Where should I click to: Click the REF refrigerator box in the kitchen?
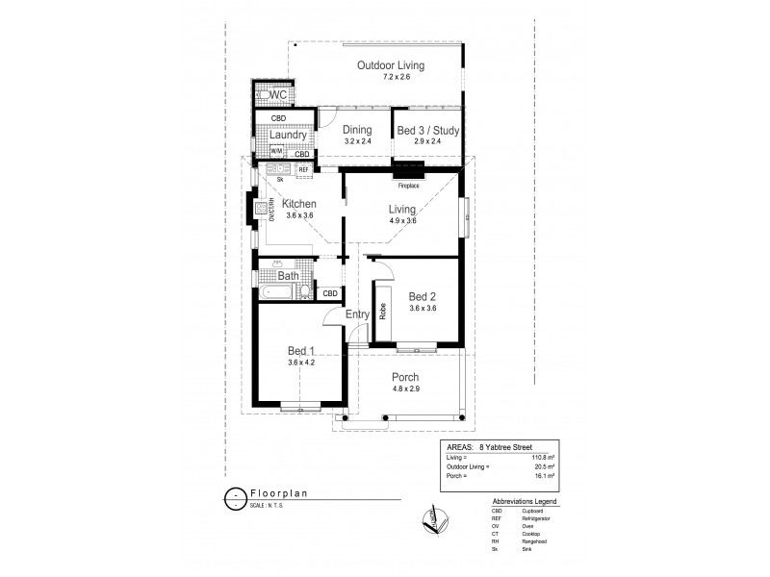point(303,169)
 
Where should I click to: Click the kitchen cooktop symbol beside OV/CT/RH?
point(261,208)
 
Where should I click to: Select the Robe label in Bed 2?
point(383,312)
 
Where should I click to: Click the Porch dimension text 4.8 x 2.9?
point(404,388)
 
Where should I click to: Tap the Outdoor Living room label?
point(391,65)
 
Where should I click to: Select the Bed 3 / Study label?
point(428,131)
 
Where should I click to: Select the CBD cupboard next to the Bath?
point(329,293)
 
